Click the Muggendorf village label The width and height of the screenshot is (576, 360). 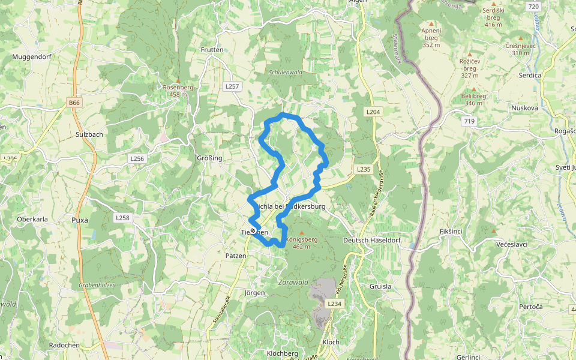click(31, 57)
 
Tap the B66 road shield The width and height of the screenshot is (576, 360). click(74, 103)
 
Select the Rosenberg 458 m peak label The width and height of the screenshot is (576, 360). click(178, 90)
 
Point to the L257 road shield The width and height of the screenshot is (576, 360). click(232, 86)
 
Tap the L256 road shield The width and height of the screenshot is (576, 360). click(137, 158)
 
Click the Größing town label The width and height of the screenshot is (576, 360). click(209, 158)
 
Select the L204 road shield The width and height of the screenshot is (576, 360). click(373, 112)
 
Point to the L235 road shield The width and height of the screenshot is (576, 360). click(364, 169)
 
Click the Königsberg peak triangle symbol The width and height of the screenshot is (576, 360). click(301, 232)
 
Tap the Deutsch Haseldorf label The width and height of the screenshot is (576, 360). click(371, 240)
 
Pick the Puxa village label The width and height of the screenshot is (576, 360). click(80, 220)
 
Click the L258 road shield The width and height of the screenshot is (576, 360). click(122, 217)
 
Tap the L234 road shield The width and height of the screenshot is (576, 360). click(334, 304)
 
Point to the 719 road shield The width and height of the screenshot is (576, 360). click(469, 121)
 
